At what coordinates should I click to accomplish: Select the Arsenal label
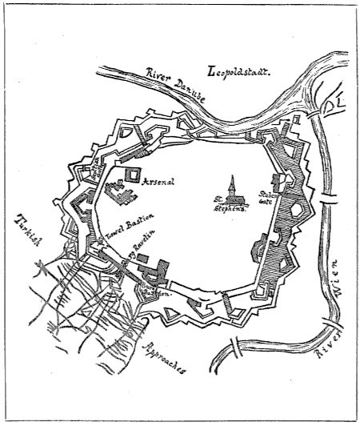[x=159, y=181]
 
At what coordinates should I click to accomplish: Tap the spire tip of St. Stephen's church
[x=230, y=176]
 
